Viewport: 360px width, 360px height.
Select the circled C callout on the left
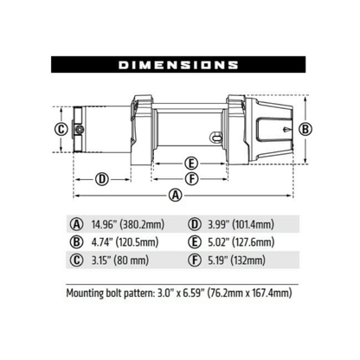[61, 130]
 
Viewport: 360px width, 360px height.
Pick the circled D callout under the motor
[101, 179]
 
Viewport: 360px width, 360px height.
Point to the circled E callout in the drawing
[190, 162]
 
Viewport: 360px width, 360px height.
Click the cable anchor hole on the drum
[217, 134]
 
